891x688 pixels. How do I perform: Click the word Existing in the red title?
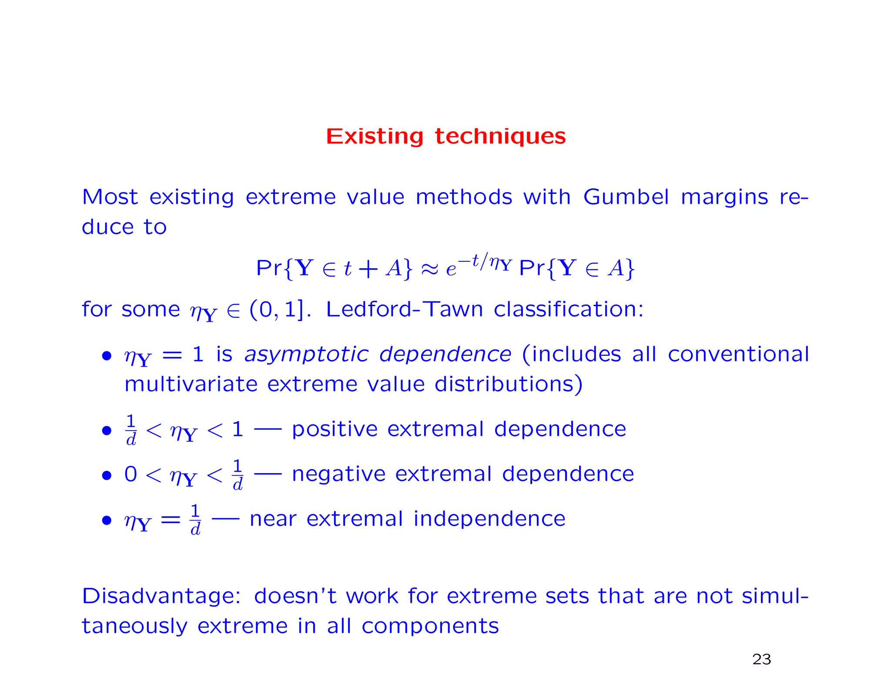tap(374, 137)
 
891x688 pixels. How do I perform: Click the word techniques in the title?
tap(500, 137)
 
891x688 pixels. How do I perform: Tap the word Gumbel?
tap(626, 197)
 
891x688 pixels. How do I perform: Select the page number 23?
tap(761, 659)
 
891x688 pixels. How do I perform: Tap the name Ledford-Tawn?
tap(404, 309)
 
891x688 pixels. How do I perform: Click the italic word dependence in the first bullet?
tap(445, 354)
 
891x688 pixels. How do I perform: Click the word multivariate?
tap(191, 384)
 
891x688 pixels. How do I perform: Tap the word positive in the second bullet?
tap(334, 429)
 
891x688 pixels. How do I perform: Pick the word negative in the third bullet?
tap(338, 474)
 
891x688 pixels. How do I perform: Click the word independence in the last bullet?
tap(489, 519)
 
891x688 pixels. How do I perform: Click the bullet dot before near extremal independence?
tap(107, 520)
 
